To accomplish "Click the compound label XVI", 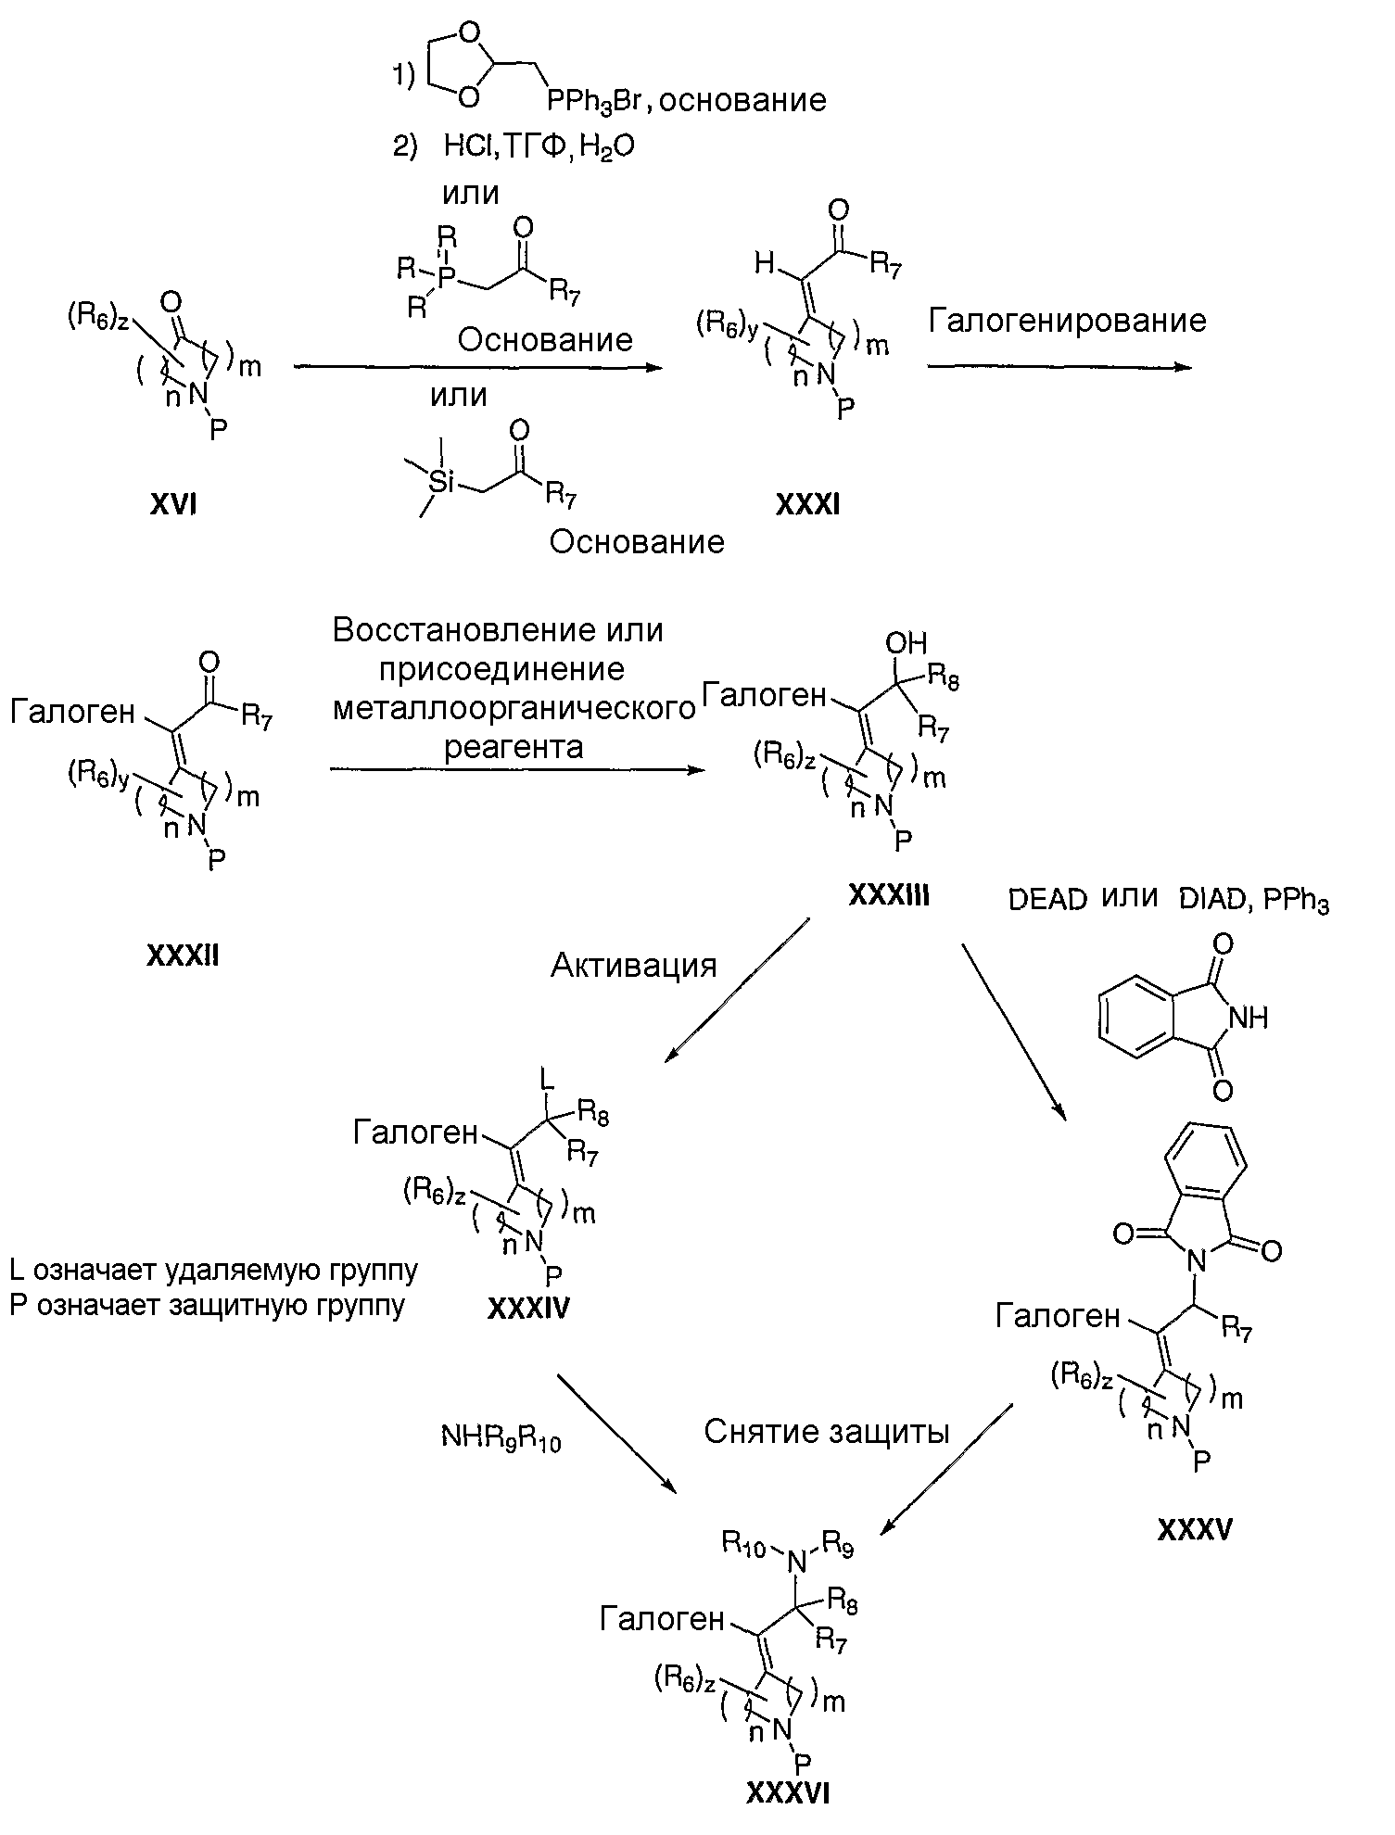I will click(x=172, y=505).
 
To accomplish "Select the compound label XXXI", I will click(x=808, y=505).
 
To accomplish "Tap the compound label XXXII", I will click(x=183, y=955).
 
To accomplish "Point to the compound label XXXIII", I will click(x=888, y=895).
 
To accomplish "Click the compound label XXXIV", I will click(x=528, y=1308).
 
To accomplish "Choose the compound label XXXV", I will click(x=1195, y=1529).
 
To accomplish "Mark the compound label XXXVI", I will click(x=787, y=1794).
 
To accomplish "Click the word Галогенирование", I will click(x=1067, y=321).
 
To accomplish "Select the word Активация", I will click(x=634, y=966).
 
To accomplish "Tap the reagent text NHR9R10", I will click(x=501, y=1437).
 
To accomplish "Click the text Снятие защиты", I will click(x=827, y=1432).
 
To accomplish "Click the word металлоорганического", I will click(x=514, y=709).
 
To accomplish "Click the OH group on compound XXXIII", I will click(x=906, y=643).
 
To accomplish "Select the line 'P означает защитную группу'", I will click(x=208, y=1305).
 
